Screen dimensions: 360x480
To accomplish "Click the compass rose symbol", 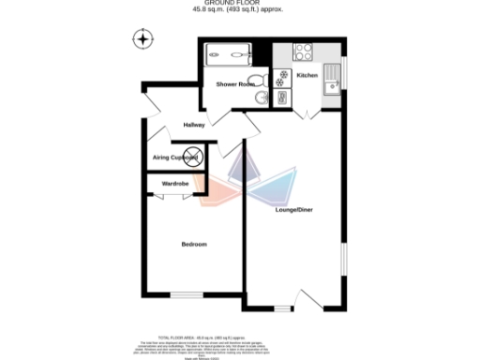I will click(x=143, y=39).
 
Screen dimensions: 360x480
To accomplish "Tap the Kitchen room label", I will click(x=307, y=75).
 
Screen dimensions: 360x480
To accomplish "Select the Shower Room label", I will click(x=235, y=84).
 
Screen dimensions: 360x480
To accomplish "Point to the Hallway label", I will click(x=194, y=125).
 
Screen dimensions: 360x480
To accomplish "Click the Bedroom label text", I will click(x=194, y=245).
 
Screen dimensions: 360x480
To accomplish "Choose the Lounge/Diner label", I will click(x=293, y=209).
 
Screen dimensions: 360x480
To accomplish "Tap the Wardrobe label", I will click(x=175, y=185).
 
